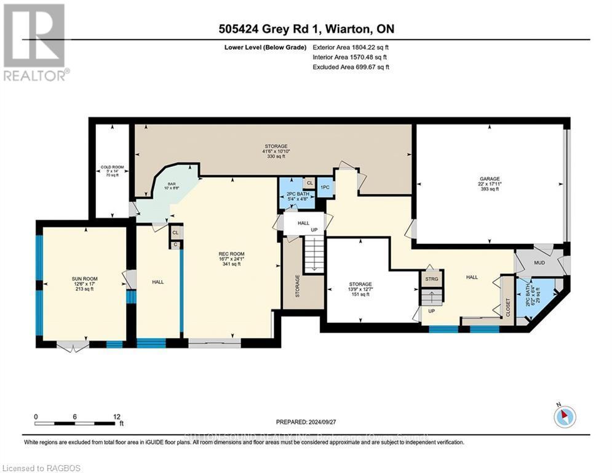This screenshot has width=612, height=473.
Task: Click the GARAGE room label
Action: pyautogui.click(x=490, y=179)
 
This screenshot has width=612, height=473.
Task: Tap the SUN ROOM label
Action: pyautogui.click(x=84, y=279)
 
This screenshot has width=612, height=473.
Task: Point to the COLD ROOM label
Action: pyautogui.click(x=113, y=167)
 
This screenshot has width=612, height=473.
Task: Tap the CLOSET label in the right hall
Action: pyautogui.click(x=508, y=307)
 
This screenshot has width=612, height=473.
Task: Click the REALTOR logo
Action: pyautogui.click(x=34, y=43)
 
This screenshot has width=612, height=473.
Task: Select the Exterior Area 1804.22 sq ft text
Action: pyautogui.click(x=351, y=47)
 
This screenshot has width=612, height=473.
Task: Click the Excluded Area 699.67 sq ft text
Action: pyautogui.click(x=351, y=67)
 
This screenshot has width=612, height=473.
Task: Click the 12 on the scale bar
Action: pyautogui.click(x=117, y=416)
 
